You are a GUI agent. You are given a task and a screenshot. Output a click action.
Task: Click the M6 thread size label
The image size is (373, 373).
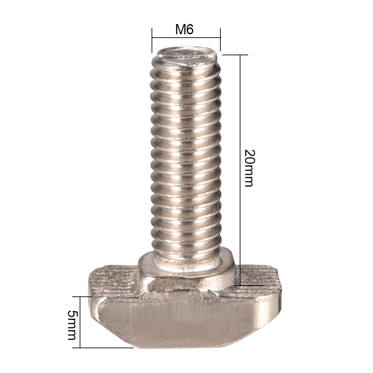click(184, 30)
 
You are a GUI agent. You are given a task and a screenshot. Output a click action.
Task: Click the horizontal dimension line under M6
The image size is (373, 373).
click(186, 38)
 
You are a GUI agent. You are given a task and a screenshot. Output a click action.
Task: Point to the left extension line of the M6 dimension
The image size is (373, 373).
click(152, 40)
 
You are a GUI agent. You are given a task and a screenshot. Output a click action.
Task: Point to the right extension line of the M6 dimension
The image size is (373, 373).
click(220, 39)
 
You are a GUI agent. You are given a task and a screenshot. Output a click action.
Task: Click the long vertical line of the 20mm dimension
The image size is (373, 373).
click(240, 170)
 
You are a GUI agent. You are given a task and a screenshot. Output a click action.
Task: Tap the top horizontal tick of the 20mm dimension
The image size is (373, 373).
click(234, 55)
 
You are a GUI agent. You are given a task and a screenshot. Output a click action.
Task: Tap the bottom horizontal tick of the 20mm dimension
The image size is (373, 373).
click(249, 285)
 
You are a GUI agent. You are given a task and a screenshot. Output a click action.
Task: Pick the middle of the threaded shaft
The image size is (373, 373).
click(186, 153)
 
